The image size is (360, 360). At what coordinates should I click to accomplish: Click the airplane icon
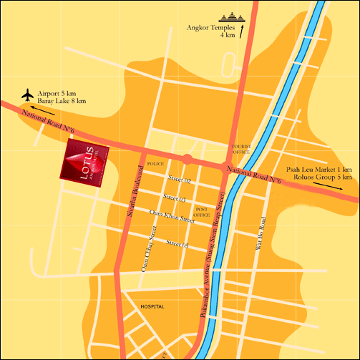(28, 94)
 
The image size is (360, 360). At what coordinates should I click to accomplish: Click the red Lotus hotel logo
(86, 162)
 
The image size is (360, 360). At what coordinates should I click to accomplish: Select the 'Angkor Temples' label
(213, 28)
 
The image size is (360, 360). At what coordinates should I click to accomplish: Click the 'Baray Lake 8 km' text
(63, 102)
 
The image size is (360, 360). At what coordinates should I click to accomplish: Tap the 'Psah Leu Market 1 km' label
(319, 169)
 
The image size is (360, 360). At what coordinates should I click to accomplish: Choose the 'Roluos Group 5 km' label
(319, 177)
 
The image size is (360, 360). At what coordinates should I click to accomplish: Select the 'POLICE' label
(155, 164)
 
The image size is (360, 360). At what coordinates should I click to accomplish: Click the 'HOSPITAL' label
(152, 306)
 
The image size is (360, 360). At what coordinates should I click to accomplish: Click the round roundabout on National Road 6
(187, 158)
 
